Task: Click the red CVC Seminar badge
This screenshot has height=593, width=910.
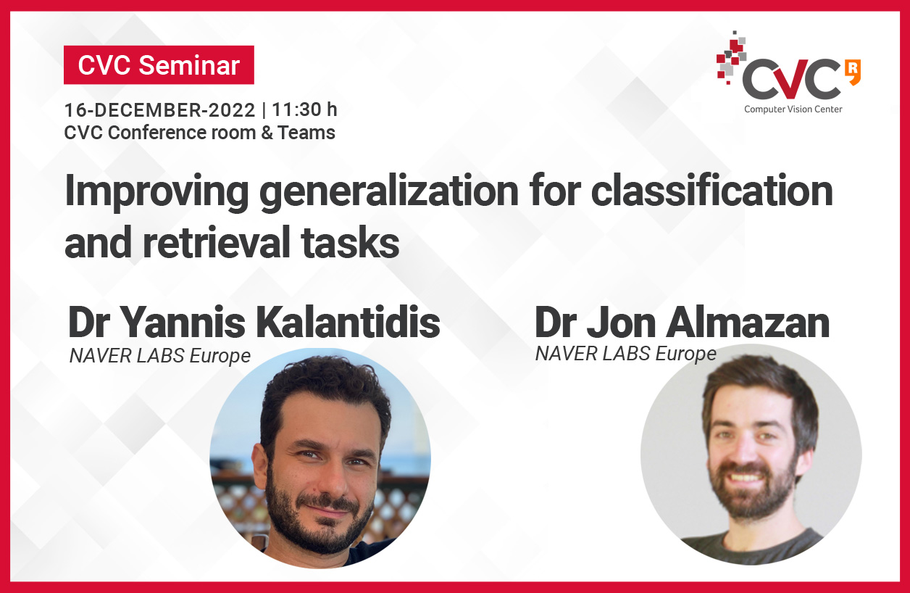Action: click(x=159, y=65)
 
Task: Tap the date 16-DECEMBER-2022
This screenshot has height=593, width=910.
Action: click(x=160, y=110)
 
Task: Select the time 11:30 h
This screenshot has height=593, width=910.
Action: click(x=305, y=109)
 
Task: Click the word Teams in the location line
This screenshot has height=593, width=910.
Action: click(x=306, y=133)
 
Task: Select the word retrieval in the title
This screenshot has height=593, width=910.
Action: click(x=217, y=242)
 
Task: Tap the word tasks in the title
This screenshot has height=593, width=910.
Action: click(x=350, y=242)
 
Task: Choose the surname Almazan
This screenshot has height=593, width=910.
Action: click(x=747, y=323)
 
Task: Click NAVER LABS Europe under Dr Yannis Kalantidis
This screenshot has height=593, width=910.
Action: click(x=159, y=356)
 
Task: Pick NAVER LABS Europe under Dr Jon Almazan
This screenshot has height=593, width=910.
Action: click(x=626, y=354)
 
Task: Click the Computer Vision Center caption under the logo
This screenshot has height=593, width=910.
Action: click(x=793, y=109)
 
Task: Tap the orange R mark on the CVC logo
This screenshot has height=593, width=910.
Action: click(x=853, y=72)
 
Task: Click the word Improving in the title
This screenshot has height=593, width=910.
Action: click(x=156, y=192)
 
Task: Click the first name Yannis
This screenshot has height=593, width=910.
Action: click(x=182, y=323)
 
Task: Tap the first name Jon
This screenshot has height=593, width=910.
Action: click(x=621, y=323)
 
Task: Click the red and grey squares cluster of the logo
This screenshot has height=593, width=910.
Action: click(x=731, y=58)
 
